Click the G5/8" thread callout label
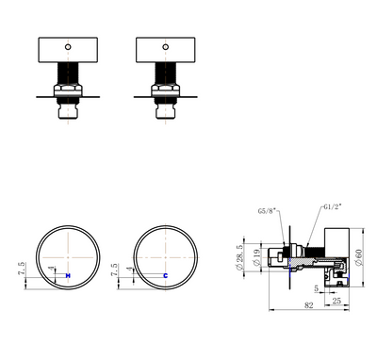coord(266,211)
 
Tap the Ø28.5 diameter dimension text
coord(242,254)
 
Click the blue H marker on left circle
coord(68,274)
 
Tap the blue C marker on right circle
coord(165,274)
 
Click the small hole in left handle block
coord(67,44)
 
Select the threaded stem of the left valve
coord(67,74)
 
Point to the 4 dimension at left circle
coord(51,271)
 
